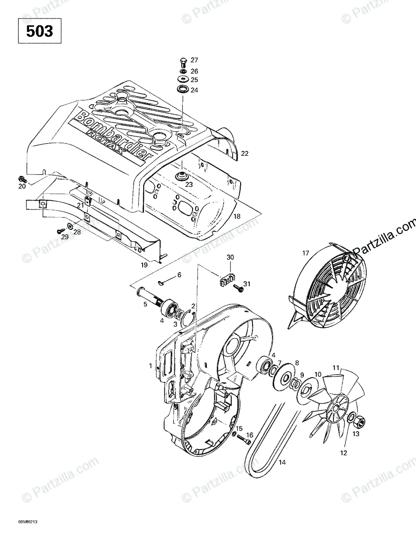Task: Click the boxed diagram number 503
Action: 39,31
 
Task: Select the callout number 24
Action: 194,90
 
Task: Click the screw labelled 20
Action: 22,179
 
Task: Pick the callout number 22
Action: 245,153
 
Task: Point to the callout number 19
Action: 145,264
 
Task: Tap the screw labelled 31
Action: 239,288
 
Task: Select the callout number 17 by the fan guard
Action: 305,253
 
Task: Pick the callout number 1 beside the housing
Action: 150,366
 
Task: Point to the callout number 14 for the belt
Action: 282,462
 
